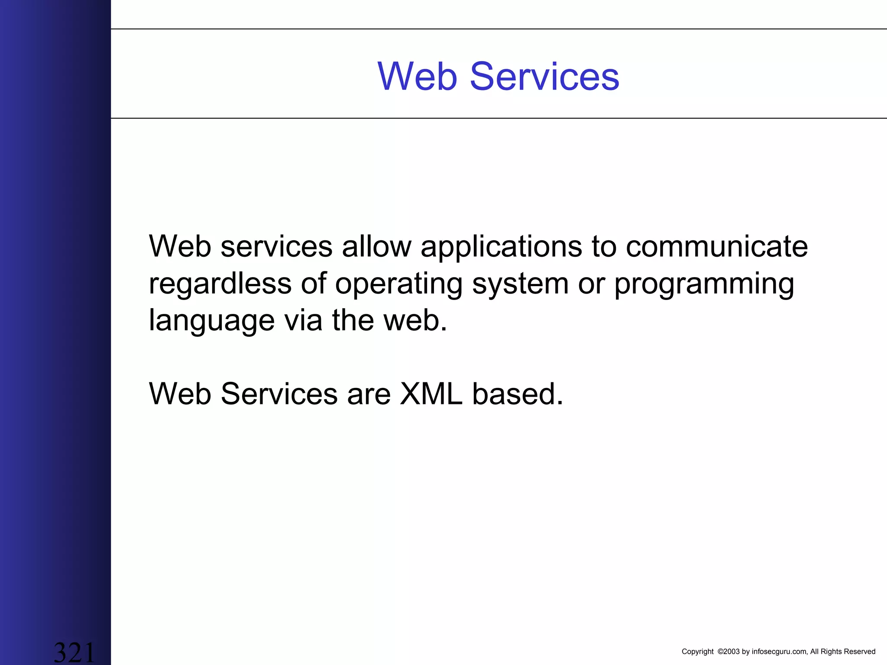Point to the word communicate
tap(717, 247)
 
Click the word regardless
tap(220, 284)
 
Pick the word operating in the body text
tap(398, 284)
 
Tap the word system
tap(520, 284)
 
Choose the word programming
tap(704, 284)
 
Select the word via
tap(303, 320)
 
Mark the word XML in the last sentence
tap(431, 394)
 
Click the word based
tap(517, 394)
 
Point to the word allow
tap(376, 247)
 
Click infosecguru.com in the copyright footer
tap(779, 652)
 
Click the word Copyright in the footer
tap(697, 652)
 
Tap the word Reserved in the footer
tap(860, 652)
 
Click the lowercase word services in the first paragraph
tap(276, 247)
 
